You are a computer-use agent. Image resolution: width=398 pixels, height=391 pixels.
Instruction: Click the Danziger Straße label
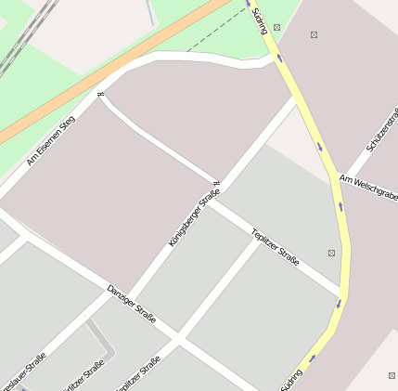click(131, 305)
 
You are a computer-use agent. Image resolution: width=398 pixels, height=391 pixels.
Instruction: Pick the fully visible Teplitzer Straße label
click(275, 248)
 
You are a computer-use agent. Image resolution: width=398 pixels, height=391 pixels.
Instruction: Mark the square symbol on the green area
click(277, 28)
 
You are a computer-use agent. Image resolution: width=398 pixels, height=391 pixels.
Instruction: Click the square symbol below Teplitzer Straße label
click(332, 253)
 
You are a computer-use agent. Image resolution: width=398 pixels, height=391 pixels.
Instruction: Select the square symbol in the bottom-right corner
click(391, 374)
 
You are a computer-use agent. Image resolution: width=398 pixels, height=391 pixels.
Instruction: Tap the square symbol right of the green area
click(314, 35)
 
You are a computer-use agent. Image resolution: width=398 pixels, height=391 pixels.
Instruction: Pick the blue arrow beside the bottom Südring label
click(312, 358)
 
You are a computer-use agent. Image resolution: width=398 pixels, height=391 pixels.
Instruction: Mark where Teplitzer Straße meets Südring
click(340, 294)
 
